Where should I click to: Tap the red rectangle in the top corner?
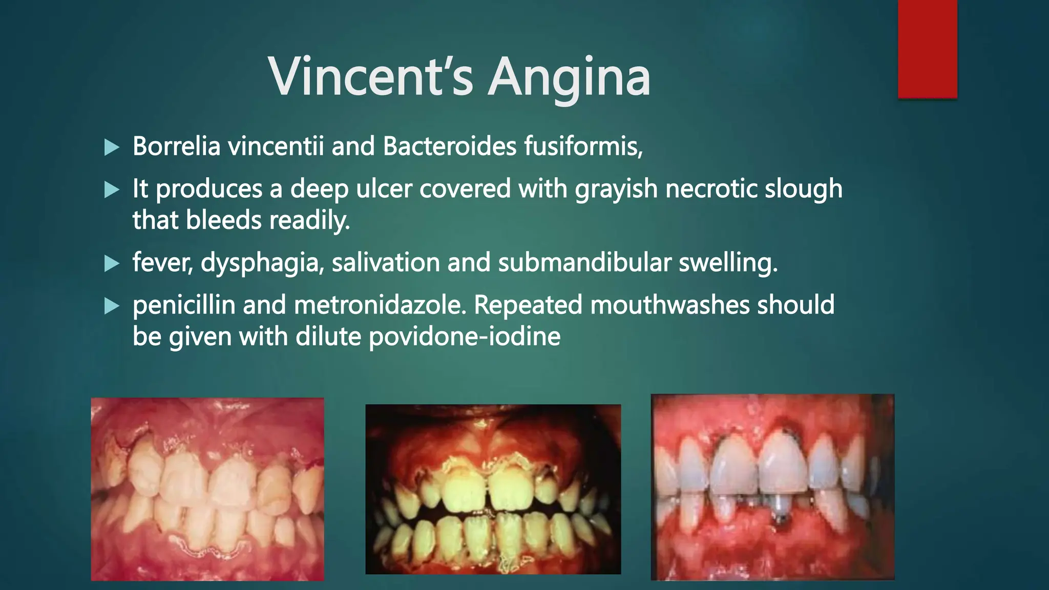[927, 49]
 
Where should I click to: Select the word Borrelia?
[176, 146]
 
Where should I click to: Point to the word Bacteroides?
[449, 146]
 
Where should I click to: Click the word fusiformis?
[582, 146]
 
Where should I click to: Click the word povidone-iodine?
[464, 336]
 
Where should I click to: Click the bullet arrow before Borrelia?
[111, 148]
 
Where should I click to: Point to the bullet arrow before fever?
[111, 264]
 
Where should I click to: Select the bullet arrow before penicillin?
[111, 307]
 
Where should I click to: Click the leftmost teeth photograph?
[207, 489]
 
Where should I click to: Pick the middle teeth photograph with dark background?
[493, 489]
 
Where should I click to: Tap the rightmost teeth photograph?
[772, 487]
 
